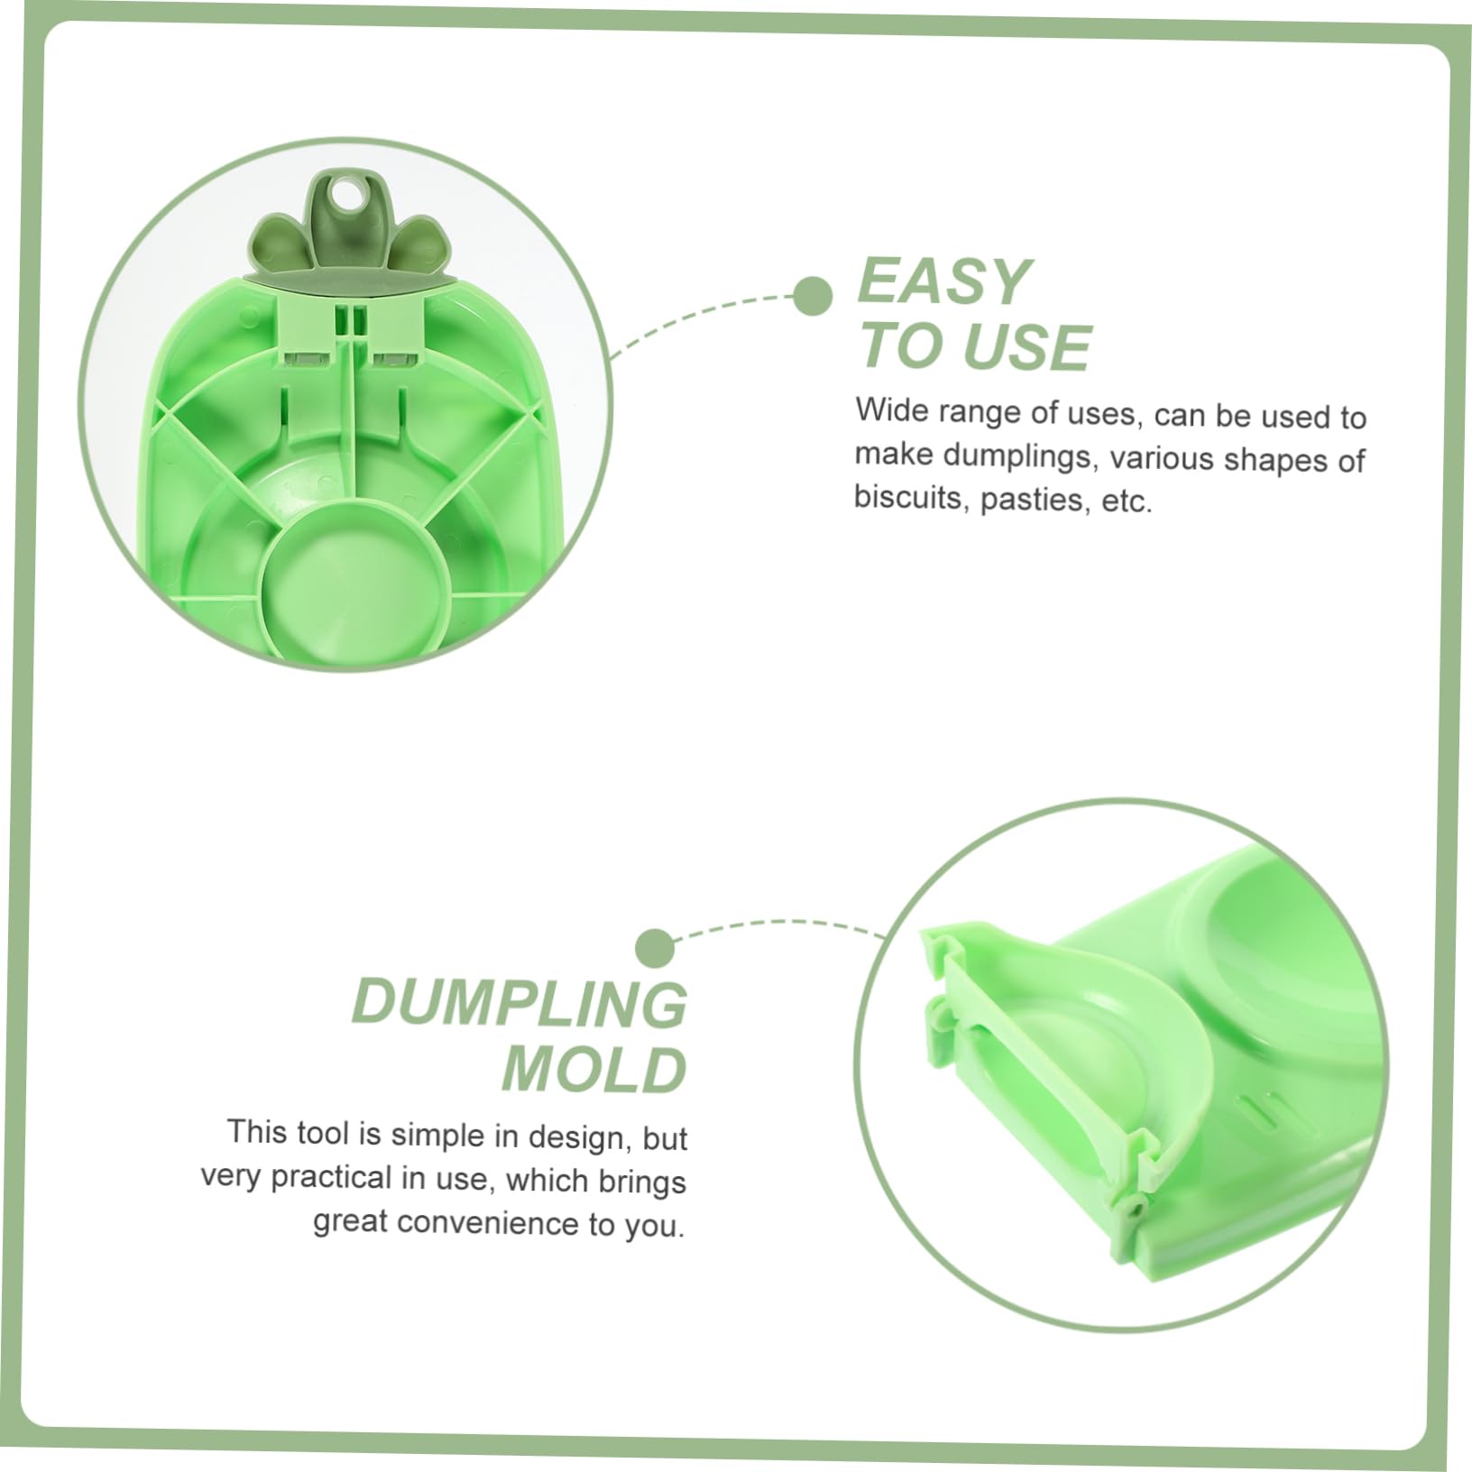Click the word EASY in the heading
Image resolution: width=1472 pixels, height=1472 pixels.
943,281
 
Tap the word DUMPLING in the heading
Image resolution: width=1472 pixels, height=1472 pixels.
520,1003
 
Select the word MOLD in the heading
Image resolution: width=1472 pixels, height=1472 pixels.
594,1070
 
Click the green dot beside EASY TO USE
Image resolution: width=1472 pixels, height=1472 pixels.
813,296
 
